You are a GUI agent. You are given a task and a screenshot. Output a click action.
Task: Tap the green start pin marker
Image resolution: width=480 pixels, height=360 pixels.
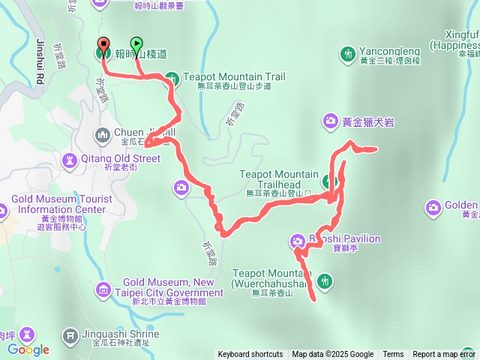tap(136, 43)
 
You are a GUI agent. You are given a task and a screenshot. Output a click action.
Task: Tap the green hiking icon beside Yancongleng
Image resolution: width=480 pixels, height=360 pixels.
tap(347, 54)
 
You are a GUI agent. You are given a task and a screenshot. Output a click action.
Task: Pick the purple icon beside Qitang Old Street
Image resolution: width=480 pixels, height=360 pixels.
tap(70, 159)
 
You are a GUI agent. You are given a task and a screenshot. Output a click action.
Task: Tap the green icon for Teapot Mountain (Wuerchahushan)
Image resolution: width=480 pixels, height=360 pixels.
tap(325, 282)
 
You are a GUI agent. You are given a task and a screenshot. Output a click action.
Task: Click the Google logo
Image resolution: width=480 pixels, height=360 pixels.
tap(28, 349)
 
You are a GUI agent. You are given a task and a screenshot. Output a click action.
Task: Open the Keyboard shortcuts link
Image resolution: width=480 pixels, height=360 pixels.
tap(250, 355)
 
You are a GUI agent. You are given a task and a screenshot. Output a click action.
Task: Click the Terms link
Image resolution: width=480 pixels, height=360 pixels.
tap(393, 355)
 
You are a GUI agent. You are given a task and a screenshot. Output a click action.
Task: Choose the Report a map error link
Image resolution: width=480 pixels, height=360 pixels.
tap(445, 355)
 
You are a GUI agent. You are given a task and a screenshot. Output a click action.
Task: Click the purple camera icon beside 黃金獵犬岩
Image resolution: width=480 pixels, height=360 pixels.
tap(331, 120)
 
